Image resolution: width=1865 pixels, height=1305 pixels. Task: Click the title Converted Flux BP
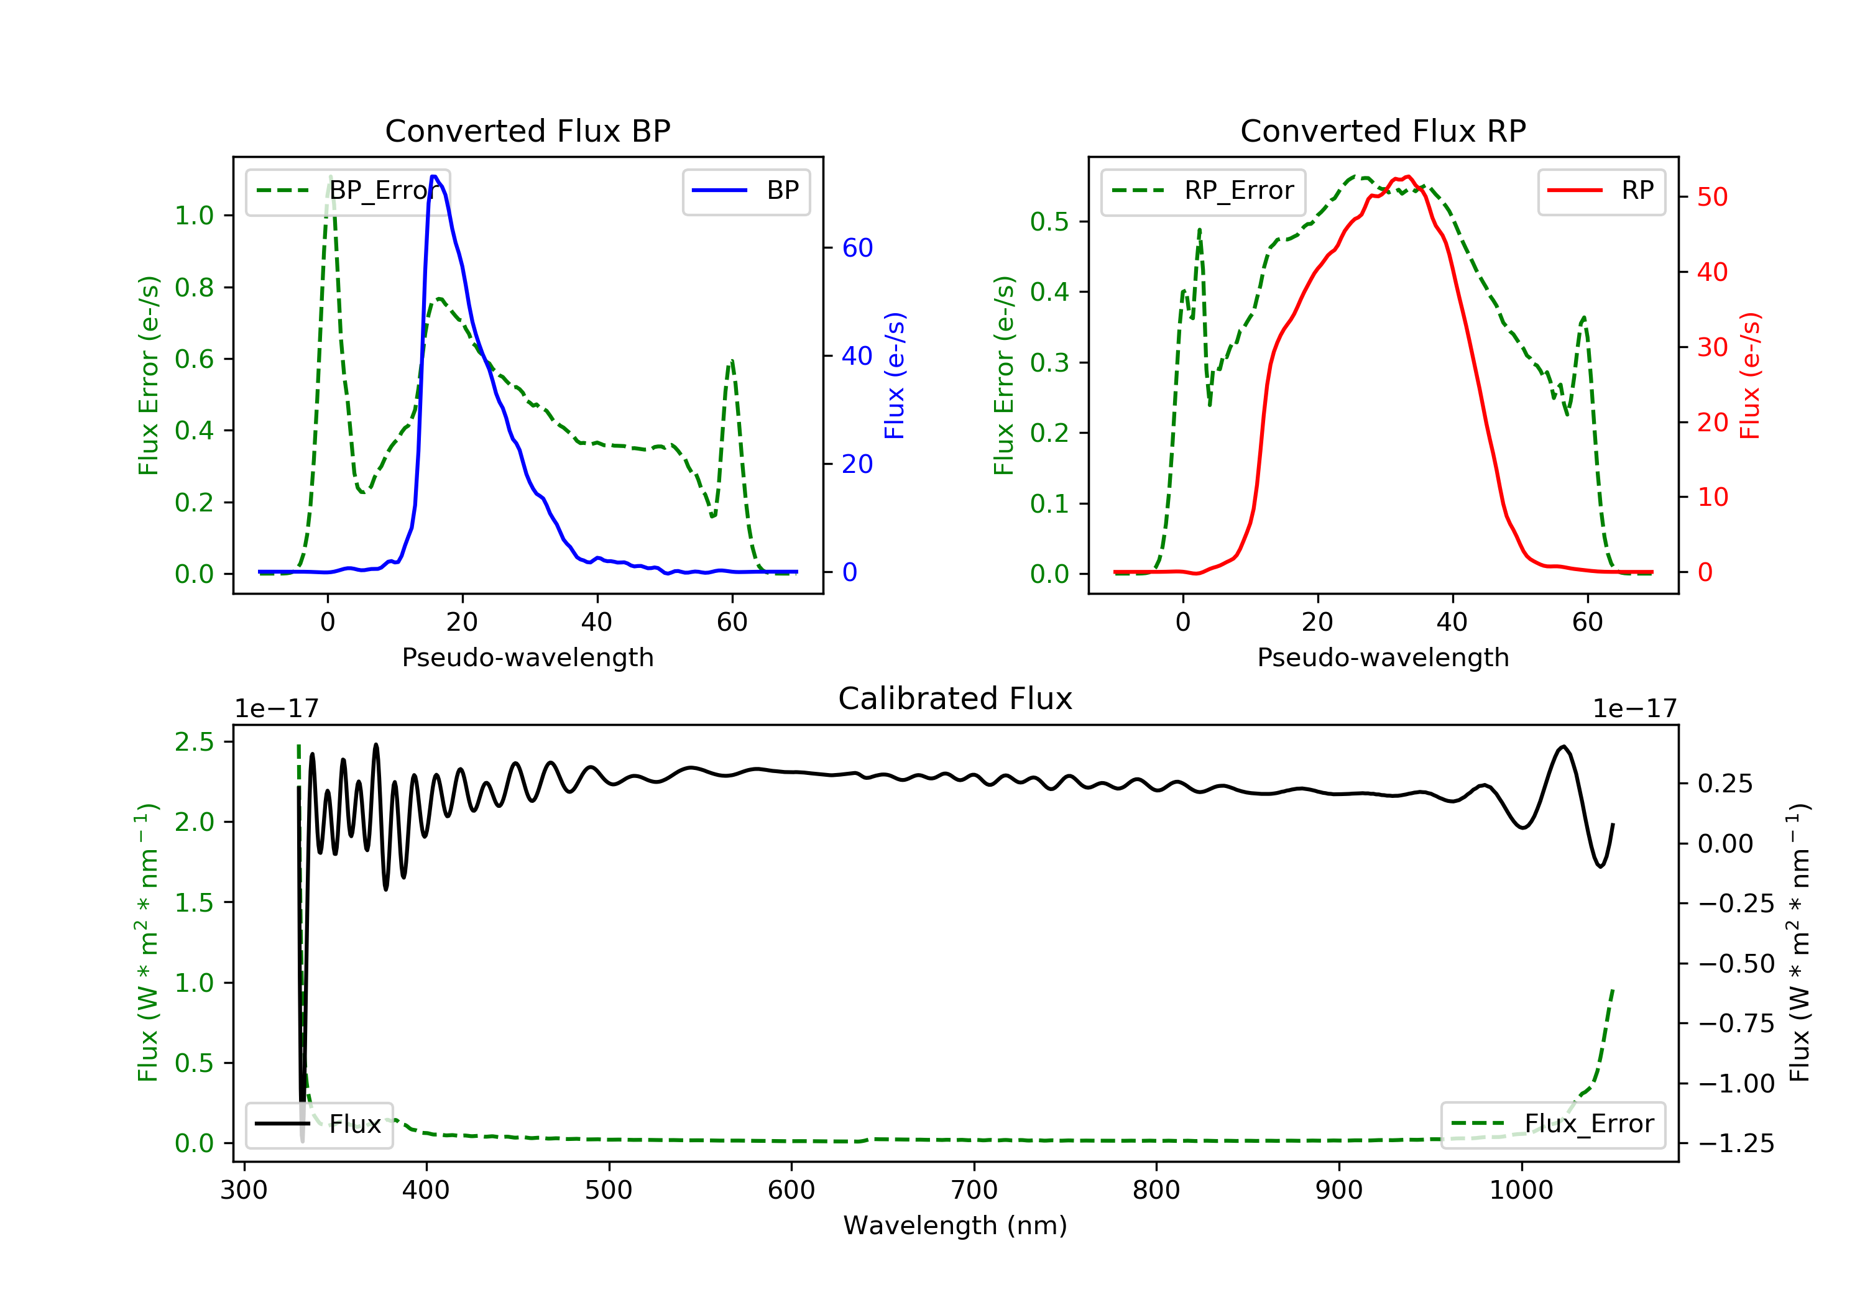(527, 130)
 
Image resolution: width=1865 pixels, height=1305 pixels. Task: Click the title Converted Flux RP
(1383, 130)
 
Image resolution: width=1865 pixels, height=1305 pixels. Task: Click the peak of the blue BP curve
(434, 176)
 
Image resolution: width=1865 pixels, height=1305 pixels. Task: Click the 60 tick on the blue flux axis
(857, 248)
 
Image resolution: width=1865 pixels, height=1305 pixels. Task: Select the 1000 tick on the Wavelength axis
(1521, 1191)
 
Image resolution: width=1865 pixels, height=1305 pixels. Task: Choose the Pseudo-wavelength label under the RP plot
(1383, 657)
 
